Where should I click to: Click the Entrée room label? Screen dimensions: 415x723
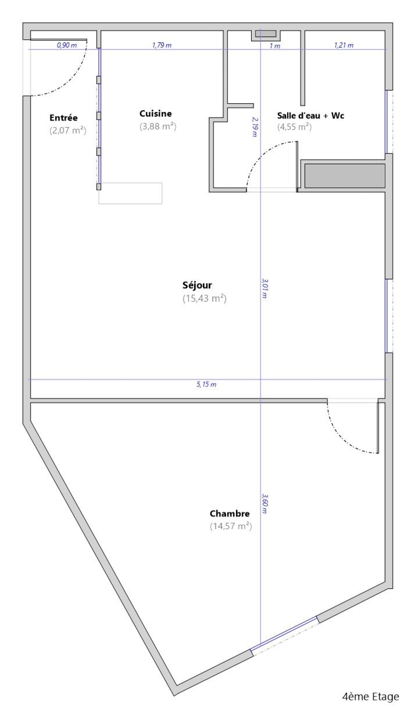tap(64, 118)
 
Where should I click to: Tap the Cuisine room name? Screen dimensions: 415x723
tap(156, 113)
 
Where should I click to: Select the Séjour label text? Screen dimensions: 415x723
tap(197, 285)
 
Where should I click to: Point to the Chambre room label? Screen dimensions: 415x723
tap(230, 514)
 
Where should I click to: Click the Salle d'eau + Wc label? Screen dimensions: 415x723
tap(311, 115)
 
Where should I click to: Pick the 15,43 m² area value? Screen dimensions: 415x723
tap(205, 299)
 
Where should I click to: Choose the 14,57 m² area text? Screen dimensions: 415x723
tap(231, 526)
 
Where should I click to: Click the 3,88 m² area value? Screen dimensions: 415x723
tap(158, 126)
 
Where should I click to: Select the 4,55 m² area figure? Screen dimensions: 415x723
tap(294, 127)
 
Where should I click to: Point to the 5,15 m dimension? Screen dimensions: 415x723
tap(206, 384)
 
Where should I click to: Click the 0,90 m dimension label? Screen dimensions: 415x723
tap(67, 45)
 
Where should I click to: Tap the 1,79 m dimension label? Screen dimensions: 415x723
tap(162, 45)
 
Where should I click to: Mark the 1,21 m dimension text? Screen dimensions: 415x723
tap(344, 45)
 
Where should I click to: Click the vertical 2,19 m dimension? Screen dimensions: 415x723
tap(254, 127)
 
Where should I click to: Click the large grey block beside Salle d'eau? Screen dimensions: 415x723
tap(345, 176)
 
